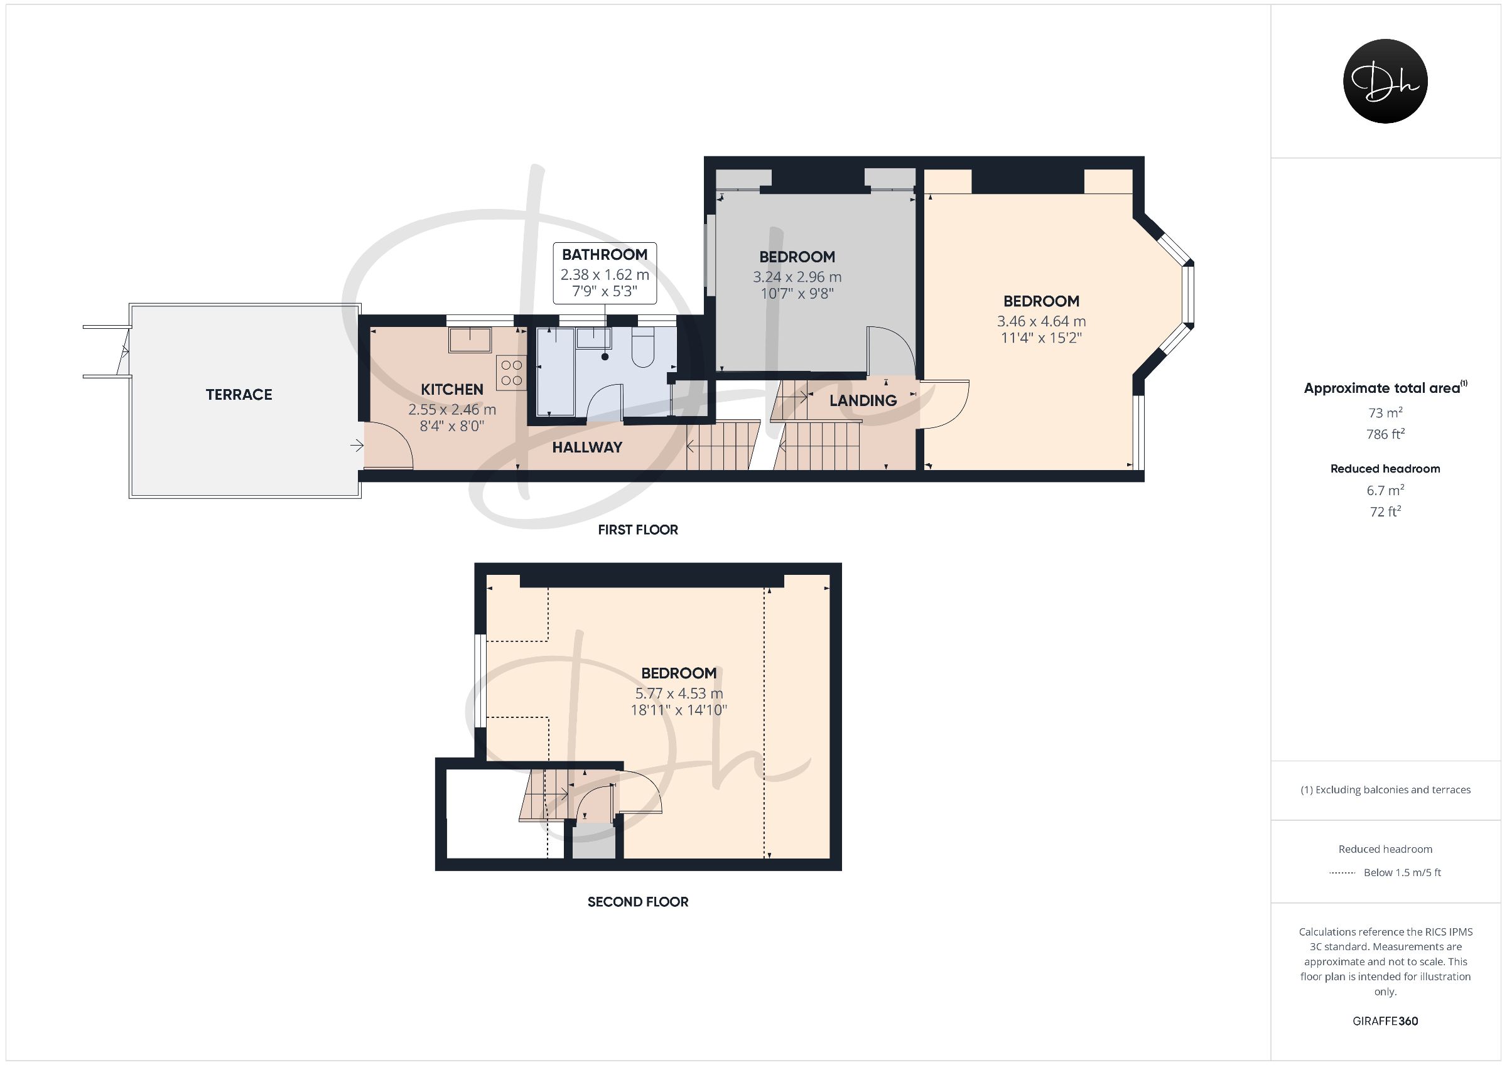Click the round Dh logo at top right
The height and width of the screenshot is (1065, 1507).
point(1385,81)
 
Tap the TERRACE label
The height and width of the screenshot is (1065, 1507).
point(239,394)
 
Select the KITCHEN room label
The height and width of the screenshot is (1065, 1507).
point(452,389)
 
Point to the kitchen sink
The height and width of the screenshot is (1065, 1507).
point(470,340)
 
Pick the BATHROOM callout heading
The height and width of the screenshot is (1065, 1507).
point(605,255)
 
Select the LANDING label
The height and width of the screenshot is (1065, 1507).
point(863,400)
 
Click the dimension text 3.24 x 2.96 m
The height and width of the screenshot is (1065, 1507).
point(797,277)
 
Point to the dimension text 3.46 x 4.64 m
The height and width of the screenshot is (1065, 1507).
point(1041,321)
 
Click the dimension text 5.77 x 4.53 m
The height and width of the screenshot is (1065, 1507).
point(679,693)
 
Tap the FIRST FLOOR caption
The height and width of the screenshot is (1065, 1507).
point(637,530)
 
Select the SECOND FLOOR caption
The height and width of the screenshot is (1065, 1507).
point(637,902)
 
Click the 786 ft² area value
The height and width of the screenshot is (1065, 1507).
point(1385,434)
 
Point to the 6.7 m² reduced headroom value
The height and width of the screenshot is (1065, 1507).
point(1385,490)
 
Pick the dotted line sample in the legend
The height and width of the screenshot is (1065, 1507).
point(1342,873)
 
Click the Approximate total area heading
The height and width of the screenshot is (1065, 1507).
point(1385,387)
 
